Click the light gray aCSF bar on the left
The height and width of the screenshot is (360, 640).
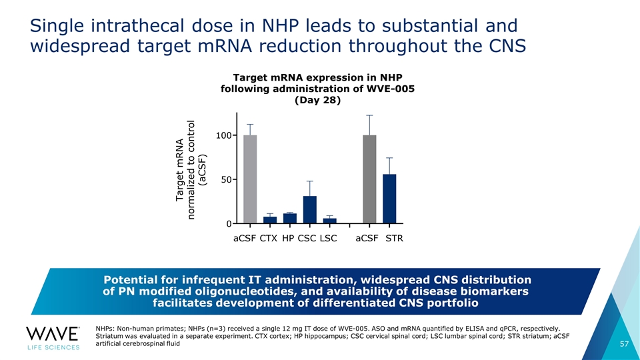point(250,179)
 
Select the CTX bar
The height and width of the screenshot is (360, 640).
point(270,220)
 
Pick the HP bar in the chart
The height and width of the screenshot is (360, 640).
point(290,219)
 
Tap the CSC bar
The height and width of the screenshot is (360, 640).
point(310,210)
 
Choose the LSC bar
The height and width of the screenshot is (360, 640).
point(330,221)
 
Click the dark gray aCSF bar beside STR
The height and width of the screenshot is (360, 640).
point(369,179)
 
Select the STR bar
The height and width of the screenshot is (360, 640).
point(389,199)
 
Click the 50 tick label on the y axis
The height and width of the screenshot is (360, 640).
point(227,179)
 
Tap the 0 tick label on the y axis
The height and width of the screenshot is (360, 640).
point(229,224)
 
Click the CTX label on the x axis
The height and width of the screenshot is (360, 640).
point(269,239)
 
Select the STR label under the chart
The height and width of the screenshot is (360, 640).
point(394,239)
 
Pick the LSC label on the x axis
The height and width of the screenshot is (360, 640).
point(329,239)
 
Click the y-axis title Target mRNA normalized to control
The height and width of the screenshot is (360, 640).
point(191,170)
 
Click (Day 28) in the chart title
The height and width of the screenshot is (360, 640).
point(317,100)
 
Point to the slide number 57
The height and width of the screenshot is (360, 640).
point(625,344)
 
